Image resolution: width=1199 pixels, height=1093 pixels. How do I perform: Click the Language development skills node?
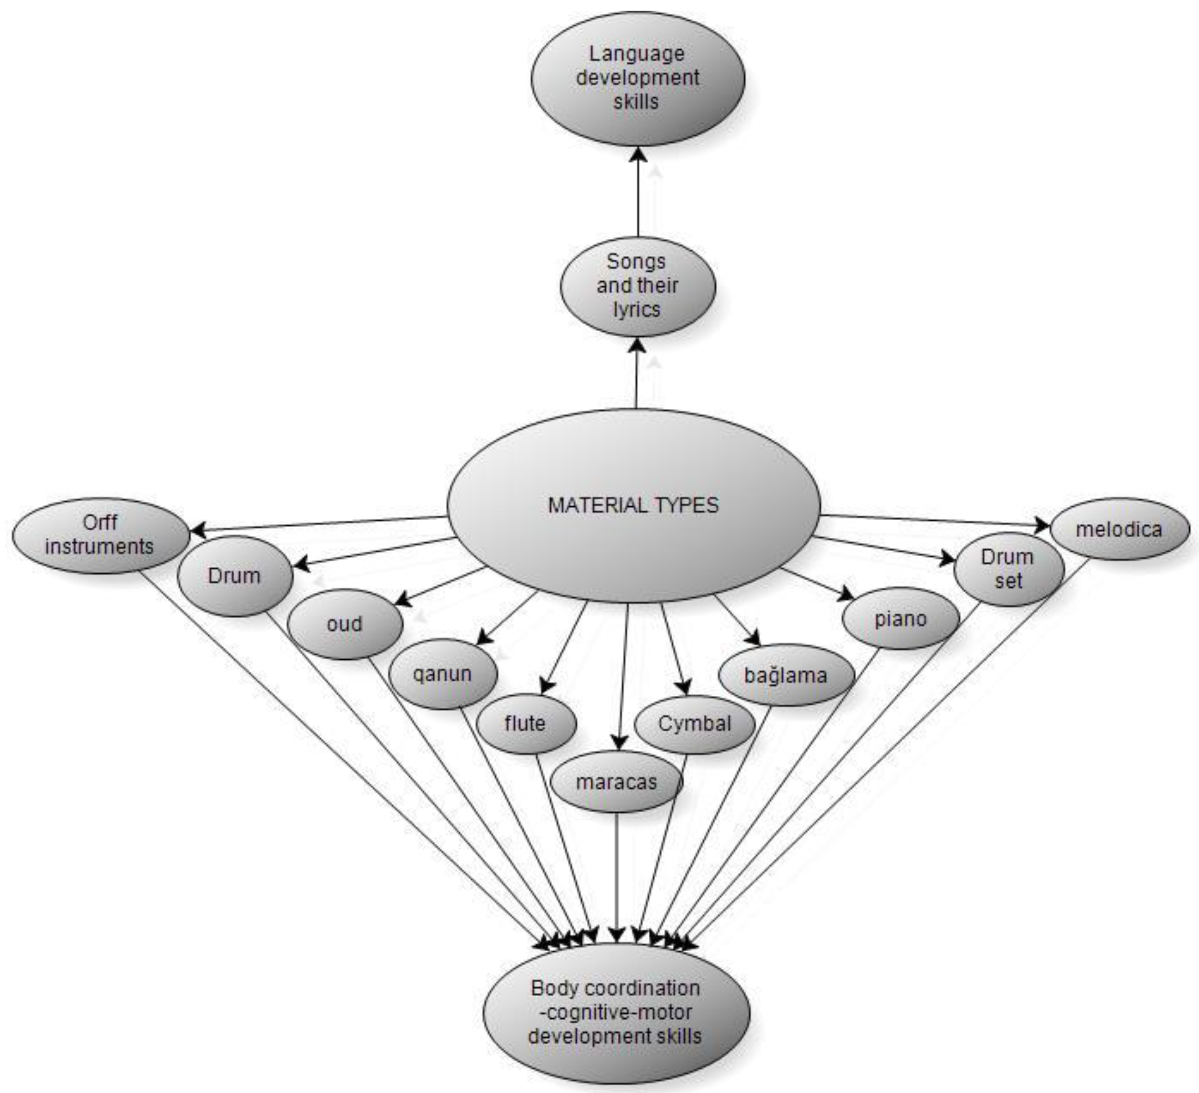click(637, 78)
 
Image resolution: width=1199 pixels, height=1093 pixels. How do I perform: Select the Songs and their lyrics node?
click(637, 286)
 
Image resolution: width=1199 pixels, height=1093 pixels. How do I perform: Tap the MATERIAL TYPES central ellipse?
click(634, 505)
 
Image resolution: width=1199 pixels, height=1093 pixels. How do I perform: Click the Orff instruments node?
click(100, 535)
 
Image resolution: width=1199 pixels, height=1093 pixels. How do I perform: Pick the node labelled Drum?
click(234, 575)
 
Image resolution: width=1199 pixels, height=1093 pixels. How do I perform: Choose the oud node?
click(344, 624)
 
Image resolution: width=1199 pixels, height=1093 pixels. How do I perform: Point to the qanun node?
click(443, 674)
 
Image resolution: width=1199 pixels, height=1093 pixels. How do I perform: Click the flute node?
click(525, 724)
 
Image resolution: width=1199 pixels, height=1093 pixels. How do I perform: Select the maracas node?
click(616, 782)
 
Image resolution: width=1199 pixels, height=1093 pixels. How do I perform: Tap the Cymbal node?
click(694, 724)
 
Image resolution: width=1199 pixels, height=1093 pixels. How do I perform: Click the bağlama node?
click(785, 676)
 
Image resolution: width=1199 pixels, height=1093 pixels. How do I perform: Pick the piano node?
click(900, 619)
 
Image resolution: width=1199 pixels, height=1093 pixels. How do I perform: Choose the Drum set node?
click(1008, 569)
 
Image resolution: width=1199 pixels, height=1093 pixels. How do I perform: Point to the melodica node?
click(1119, 529)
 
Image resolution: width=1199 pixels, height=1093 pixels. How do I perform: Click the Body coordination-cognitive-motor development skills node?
click(616, 1012)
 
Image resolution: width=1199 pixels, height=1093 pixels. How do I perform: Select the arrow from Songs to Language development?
click(638, 196)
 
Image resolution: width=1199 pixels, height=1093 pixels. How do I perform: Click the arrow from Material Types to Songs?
click(638, 375)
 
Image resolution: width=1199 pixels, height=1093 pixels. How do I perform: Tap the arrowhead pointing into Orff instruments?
click(198, 529)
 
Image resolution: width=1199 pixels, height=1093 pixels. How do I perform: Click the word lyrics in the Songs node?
click(637, 310)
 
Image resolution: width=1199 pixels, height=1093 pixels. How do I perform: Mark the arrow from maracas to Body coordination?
click(617, 874)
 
